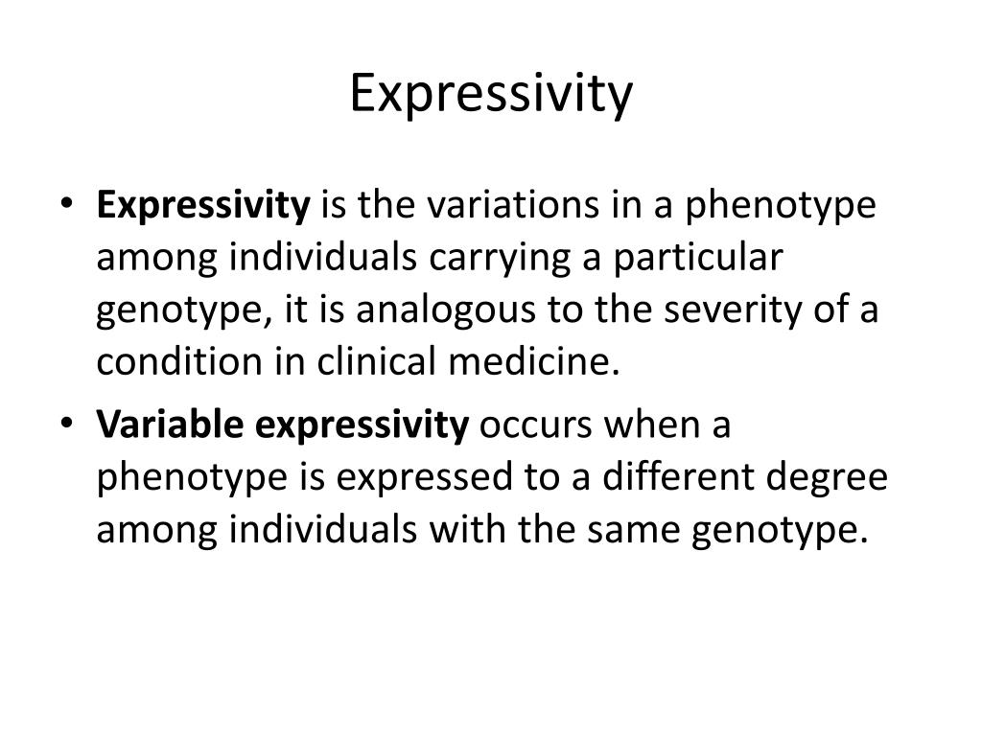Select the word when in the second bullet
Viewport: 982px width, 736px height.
coord(646,425)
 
